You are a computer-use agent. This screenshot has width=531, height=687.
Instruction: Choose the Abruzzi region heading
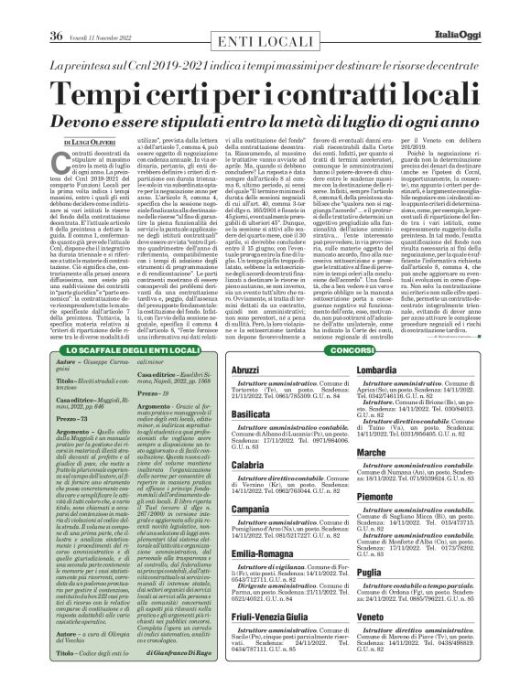pos(226,369)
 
